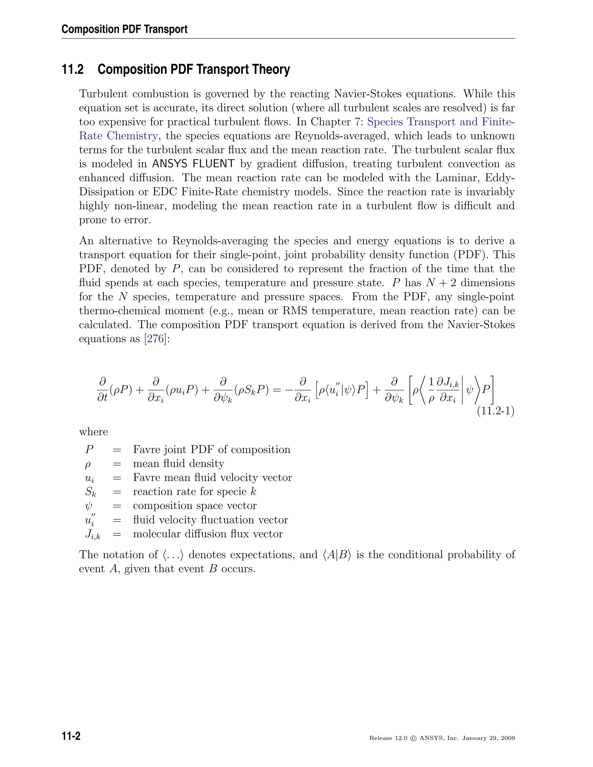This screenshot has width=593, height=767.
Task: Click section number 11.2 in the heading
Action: pyautogui.click(x=73, y=69)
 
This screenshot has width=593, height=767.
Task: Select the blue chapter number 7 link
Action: pyautogui.click(x=357, y=122)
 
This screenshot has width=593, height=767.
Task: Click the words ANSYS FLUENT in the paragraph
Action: pyautogui.click(x=193, y=164)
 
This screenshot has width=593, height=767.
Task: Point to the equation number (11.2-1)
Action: pyautogui.click(x=495, y=410)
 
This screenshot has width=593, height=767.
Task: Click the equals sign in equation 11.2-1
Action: pyautogui.click(x=277, y=390)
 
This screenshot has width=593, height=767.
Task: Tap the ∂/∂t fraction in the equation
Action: pyautogui.click(x=103, y=390)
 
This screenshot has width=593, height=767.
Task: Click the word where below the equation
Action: pyautogui.click(x=94, y=432)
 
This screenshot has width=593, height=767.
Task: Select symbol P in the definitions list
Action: pyautogui.click(x=89, y=449)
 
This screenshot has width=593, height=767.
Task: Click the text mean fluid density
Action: pyautogui.click(x=178, y=464)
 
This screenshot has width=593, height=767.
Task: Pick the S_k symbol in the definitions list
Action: pyautogui.click(x=90, y=492)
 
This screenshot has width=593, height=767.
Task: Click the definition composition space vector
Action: pyautogui.click(x=195, y=506)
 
